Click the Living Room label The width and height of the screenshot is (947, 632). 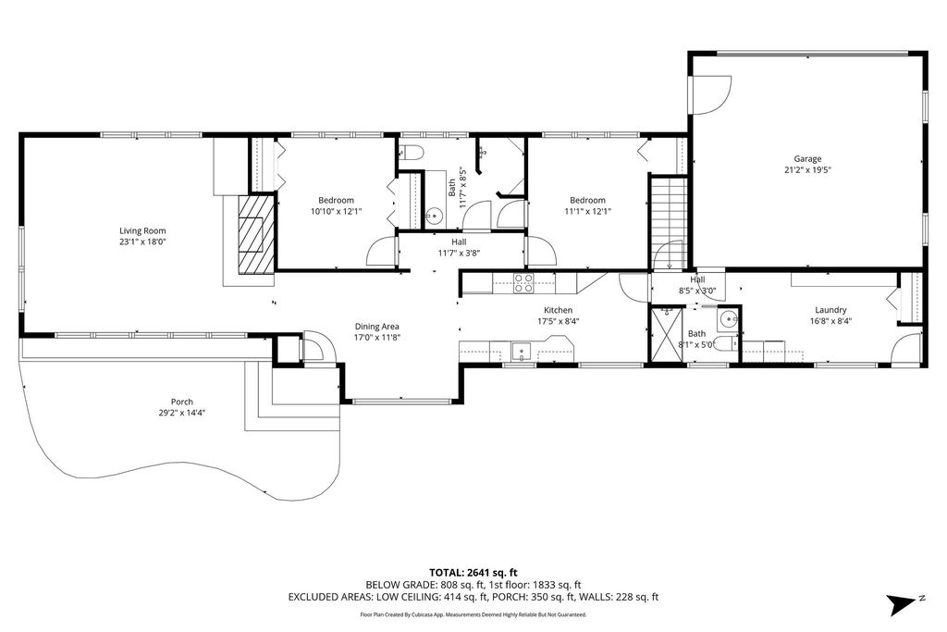[x=142, y=230]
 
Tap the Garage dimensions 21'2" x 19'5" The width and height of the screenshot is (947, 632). [x=807, y=169]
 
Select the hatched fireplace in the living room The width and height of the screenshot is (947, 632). [x=256, y=233]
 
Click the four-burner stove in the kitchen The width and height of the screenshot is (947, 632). [x=523, y=283]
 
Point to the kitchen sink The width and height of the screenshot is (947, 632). [x=521, y=350]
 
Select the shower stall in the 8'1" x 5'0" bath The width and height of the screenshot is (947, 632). [x=666, y=335]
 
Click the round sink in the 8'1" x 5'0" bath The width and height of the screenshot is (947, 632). [x=729, y=319]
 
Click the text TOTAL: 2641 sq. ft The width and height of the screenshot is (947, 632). [x=473, y=572]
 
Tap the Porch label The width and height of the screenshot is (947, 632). [x=182, y=402]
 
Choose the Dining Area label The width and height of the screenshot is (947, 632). [x=377, y=327]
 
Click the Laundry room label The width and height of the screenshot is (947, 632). [x=830, y=310]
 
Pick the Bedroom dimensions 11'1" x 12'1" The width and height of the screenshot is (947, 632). [x=587, y=212]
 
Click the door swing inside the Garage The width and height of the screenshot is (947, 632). [x=713, y=95]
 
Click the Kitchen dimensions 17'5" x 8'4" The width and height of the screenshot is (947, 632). [x=558, y=321]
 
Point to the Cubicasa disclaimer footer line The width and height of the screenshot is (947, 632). [x=473, y=614]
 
